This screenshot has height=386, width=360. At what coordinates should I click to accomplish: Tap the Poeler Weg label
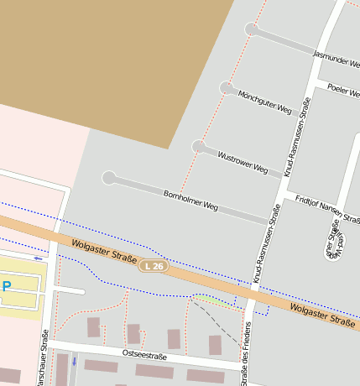point(344,90)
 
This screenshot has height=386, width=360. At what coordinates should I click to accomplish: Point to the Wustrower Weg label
point(243,163)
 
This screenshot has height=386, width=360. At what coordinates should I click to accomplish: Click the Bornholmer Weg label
point(190,200)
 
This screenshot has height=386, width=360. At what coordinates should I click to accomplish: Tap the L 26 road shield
point(152,266)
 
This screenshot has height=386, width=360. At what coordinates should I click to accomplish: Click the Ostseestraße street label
point(144,357)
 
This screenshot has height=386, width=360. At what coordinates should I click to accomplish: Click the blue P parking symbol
point(7,287)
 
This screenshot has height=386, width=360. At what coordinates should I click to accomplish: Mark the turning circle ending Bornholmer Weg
point(109,178)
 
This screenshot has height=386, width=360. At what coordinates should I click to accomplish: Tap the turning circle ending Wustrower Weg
point(199,147)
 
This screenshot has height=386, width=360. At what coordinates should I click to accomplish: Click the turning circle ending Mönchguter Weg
point(227,88)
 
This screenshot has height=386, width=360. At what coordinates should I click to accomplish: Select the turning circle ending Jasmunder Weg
point(251,29)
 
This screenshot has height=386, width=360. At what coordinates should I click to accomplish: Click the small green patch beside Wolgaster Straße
point(210,300)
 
